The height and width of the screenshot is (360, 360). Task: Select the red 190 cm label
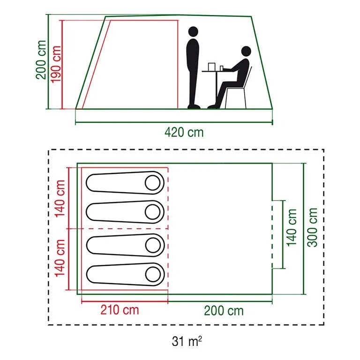tap(56, 64)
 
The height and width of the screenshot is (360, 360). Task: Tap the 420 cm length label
tap(184, 132)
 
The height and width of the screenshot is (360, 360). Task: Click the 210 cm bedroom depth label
tap(120, 310)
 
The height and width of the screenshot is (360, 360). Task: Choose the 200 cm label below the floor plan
tap(224, 310)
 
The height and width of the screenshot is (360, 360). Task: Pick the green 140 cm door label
tap(292, 227)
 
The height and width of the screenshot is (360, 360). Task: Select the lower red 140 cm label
tap(60, 259)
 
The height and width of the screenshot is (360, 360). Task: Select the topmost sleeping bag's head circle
tap(152, 183)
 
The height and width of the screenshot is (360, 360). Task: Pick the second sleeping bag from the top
tap(125, 212)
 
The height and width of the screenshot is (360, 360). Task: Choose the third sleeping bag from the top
tap(125, 244)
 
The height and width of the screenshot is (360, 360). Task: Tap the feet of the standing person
tap(193, 106)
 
